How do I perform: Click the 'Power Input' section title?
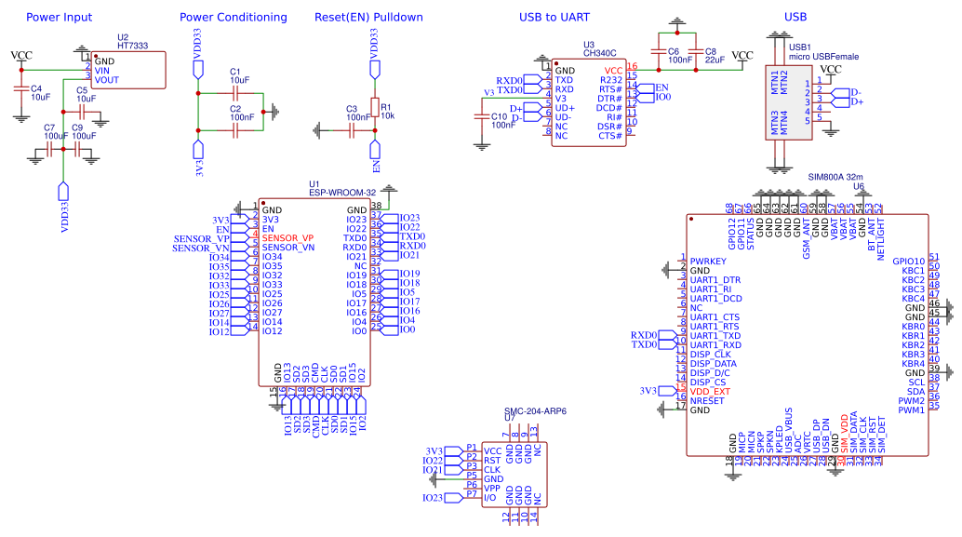click(x=59, y=17)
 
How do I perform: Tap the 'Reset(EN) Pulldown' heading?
click(x=368, y=17)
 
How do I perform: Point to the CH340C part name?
click(x=600, y=54)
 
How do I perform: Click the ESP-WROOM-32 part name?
click(x=340, y=193)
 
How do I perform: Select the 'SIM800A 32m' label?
click(x=835, y=176)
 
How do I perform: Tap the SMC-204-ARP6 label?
click(x=535, y=410)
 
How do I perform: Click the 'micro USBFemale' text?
click(x=823, y=56)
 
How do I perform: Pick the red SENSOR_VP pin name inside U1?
click(x=287, y=238)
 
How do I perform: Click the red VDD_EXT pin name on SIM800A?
click(x=710, y=391)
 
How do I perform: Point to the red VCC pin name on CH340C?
click(x=613, y=70)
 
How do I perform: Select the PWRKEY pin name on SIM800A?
click(x=707, y=262)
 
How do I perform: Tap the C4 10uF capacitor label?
click(x=39, y=91)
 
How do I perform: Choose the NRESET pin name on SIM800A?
click(x=707, y=400)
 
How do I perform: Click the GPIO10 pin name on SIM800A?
click(x=908, y=262)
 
